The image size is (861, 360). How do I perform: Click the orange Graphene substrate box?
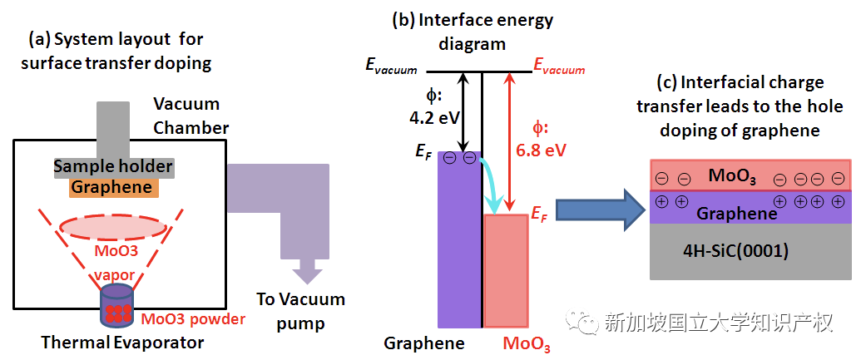click(113, 187)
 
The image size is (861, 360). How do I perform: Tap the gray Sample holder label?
click(113, 167)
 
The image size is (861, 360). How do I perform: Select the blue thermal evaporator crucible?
click(116, 305)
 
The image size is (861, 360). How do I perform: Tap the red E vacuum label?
click(559, 70)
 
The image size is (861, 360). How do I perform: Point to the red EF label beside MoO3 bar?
click(541, 215)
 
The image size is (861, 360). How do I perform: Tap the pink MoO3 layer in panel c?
click(750, 176)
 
